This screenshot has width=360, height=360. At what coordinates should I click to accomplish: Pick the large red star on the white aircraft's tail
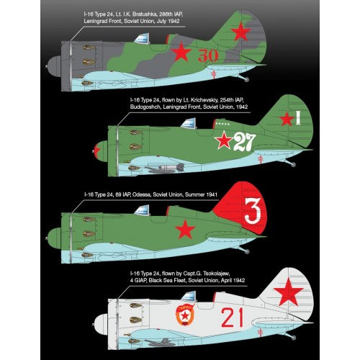[x=289, y=292]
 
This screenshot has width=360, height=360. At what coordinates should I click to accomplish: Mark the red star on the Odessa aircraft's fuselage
[x=186, y=231]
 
